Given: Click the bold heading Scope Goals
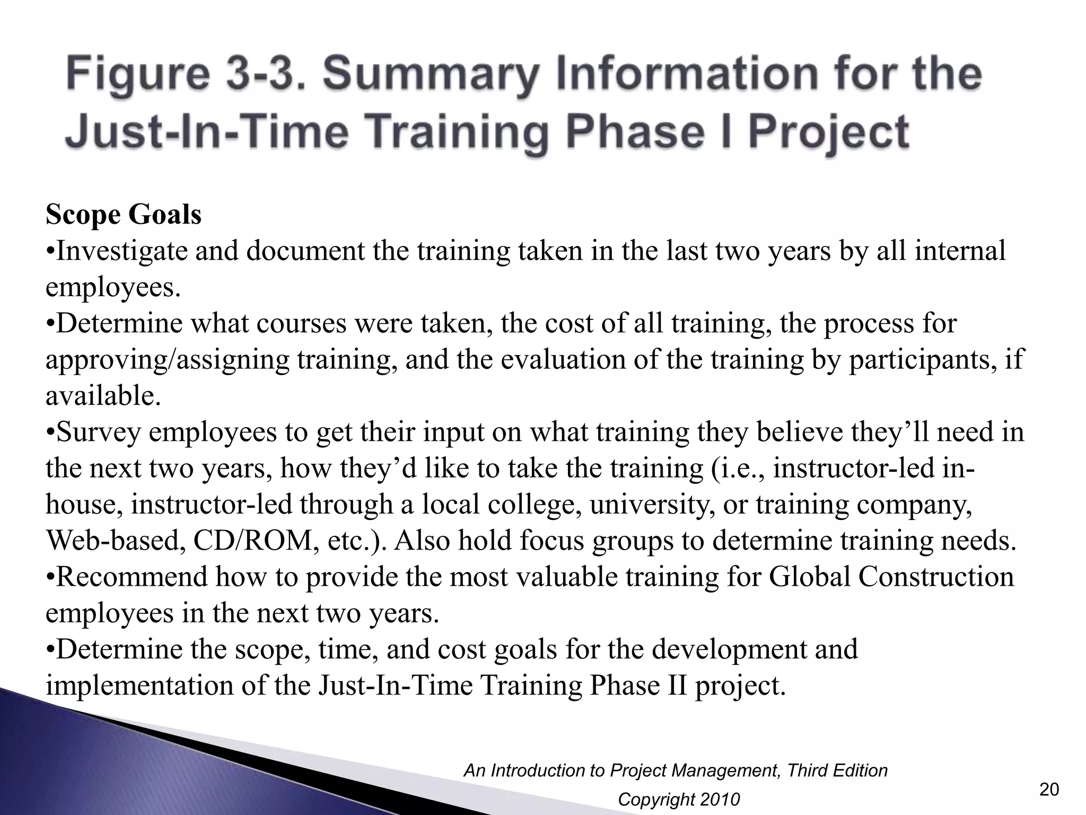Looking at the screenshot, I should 124,215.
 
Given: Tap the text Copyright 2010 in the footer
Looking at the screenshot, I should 679,799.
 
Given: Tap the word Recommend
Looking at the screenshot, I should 132,577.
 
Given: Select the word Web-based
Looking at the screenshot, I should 116,541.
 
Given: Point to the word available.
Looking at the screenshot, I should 103,396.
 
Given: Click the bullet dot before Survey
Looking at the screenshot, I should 50,433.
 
